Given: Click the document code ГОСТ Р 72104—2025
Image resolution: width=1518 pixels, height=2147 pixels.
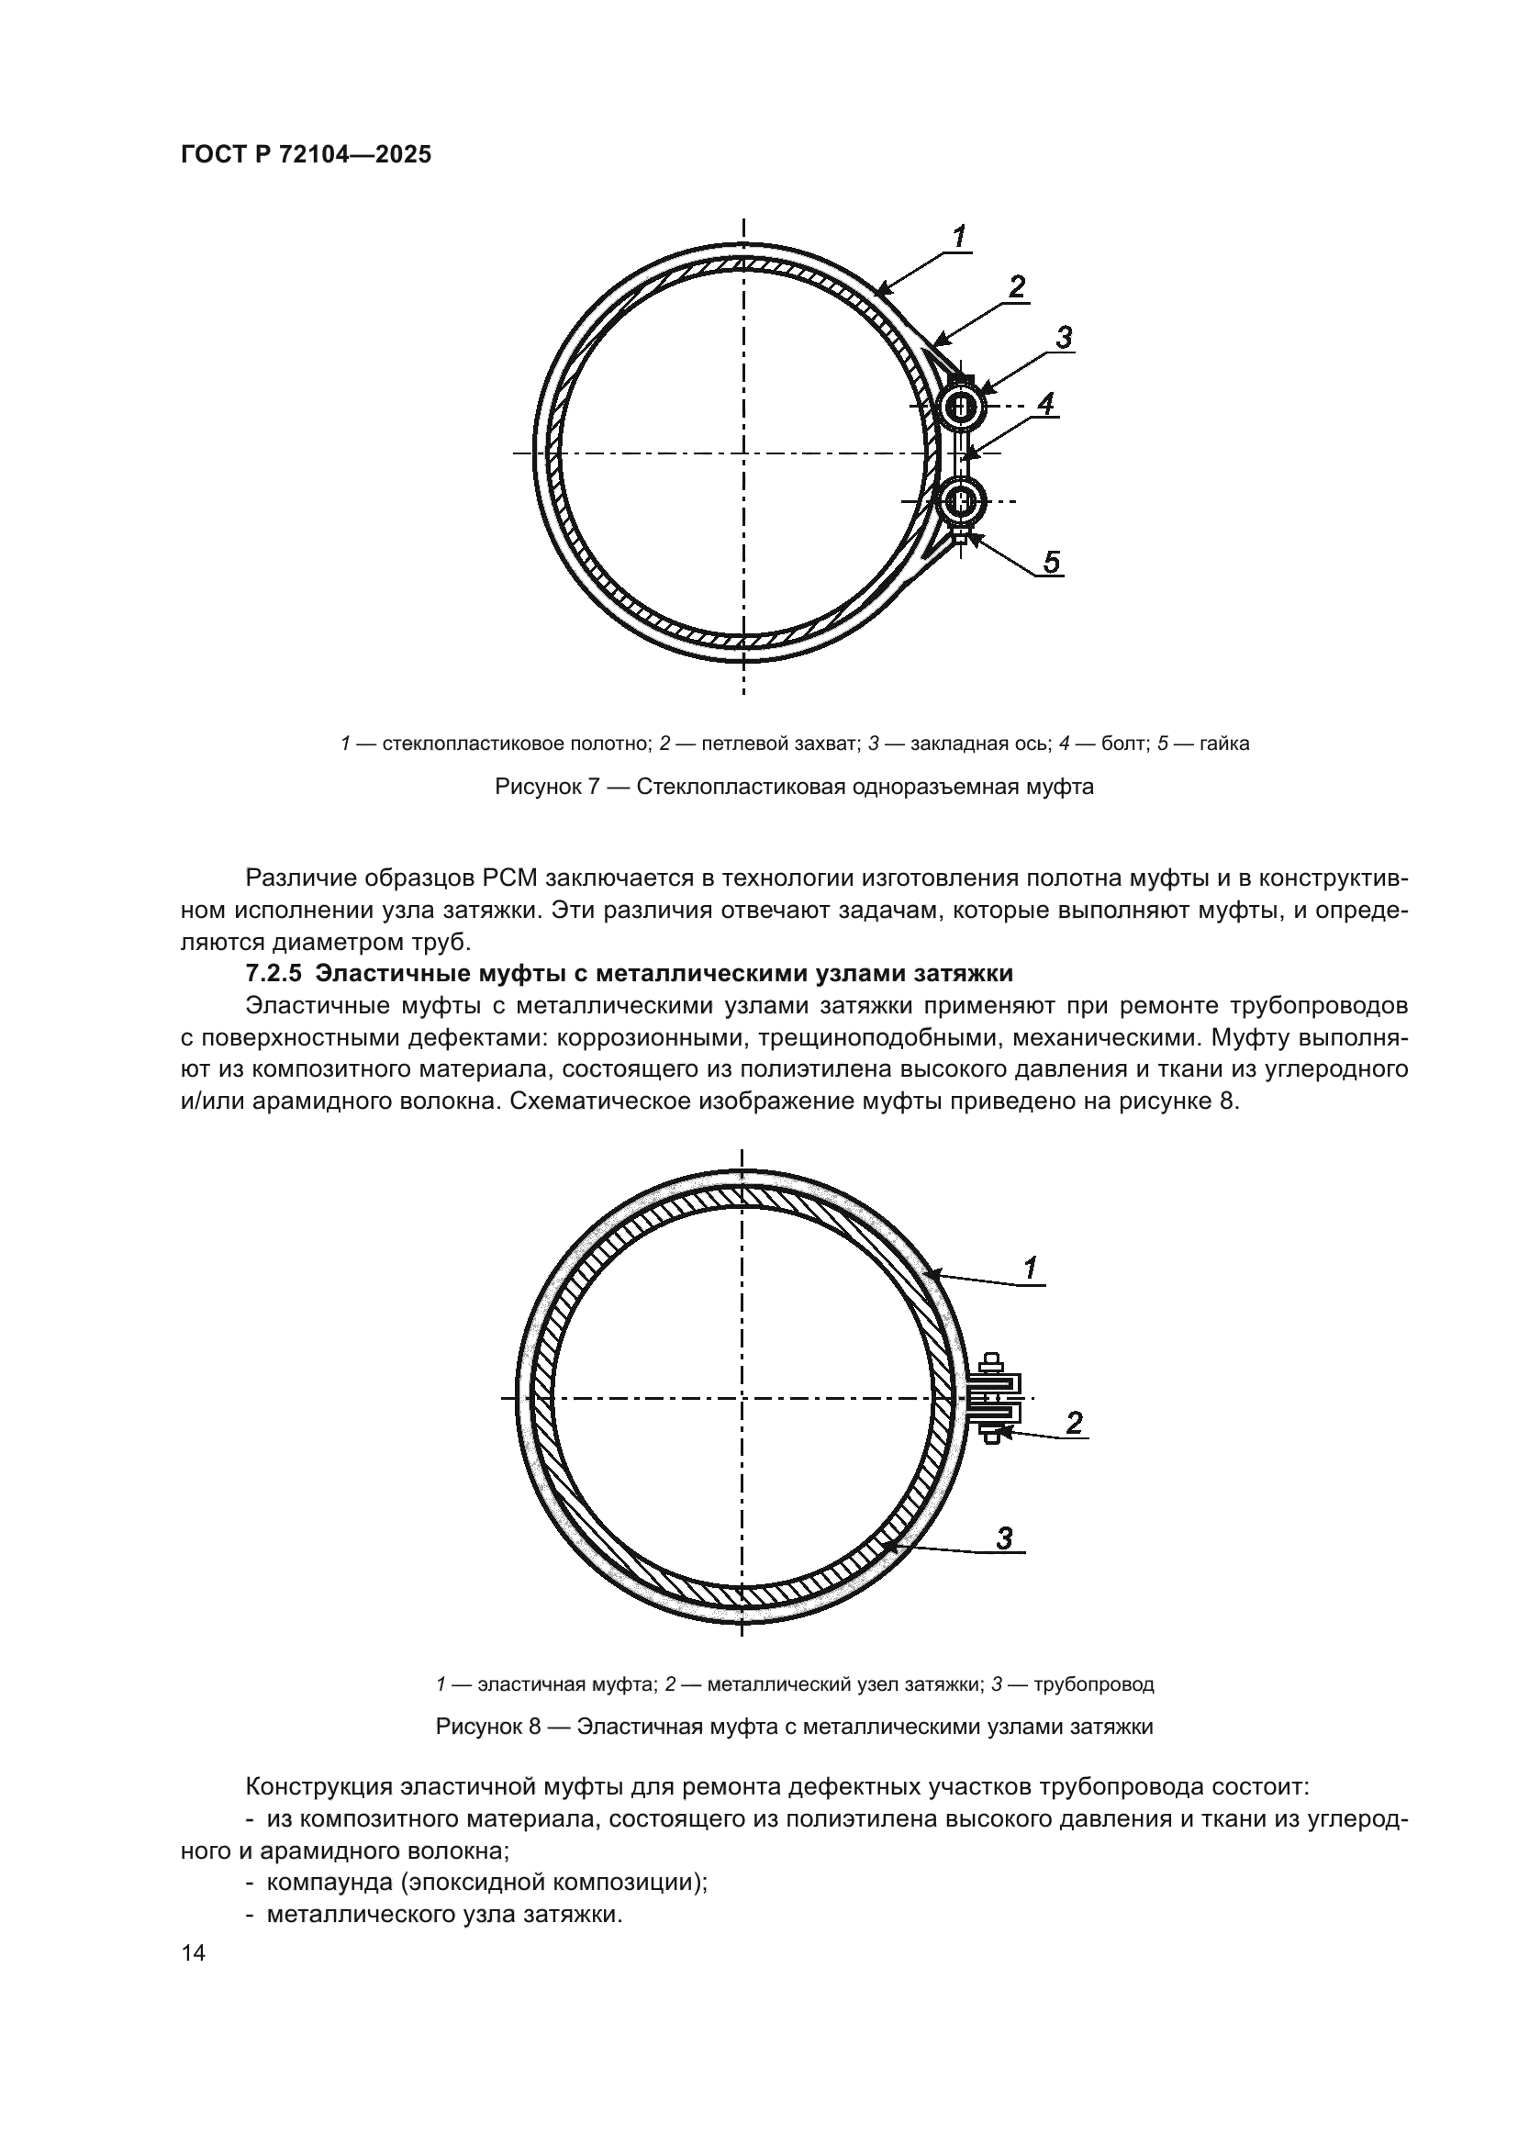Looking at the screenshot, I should tap(306, 155).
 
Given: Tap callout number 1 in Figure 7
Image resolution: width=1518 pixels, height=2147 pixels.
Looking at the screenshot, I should tap(959, 239).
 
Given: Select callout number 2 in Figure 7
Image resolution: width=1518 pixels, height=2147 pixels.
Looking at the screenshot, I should tap(1017, 288).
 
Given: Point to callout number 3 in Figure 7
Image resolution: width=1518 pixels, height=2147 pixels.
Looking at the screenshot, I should tap(1063, 339).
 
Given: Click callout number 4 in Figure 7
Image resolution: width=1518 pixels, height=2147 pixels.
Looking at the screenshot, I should tap(1045, 404).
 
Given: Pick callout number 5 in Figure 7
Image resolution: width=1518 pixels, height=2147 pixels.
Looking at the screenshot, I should tap(1052, 562).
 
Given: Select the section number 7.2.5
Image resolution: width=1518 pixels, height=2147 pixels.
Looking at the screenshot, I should tap(273, 973).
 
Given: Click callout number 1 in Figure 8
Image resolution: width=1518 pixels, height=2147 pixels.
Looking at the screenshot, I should tap(1030, 1269).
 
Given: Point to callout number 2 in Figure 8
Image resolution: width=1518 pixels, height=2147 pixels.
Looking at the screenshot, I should tap(1074, 1424).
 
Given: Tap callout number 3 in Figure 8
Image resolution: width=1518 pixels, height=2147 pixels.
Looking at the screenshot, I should tap(1005, 1538).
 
